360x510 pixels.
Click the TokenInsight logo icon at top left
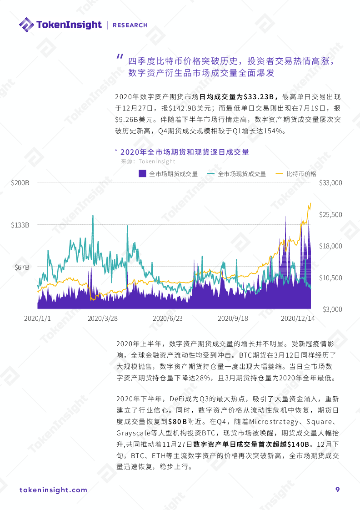pyautogui.click(x=26, y=25)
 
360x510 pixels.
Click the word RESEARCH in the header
pyautogui.click(x=130, y=25)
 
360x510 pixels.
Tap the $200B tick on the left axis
pyautogui.click(x=20, y=183)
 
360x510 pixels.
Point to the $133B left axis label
pyautogui.click(x=20, y=225)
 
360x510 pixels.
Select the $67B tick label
pyautogui.click(x=21, y=268)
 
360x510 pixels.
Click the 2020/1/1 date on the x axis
pyautogui.click(x=37, y=318)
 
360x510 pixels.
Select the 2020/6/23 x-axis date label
pyautogui.click(x=167, y=318)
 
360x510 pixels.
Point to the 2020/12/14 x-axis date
pyautogui.click(x=297, y=318)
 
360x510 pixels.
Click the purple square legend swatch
pyautogui.click(x=142, y=173)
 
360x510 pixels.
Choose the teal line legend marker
pyautogui.click(x=211, y=174)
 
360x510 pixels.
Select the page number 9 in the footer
pyautogui.click(x=337, y=490)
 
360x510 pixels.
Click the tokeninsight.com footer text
pyautogui.click(x=54, y=490)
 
